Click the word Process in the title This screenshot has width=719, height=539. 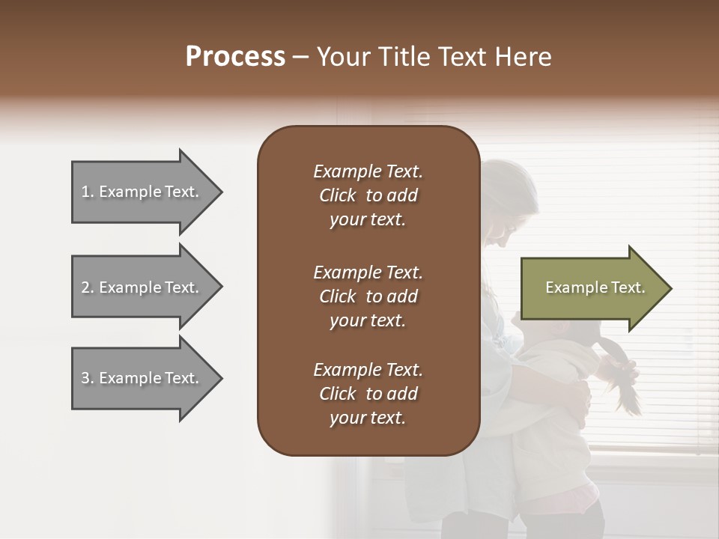coord(235,57)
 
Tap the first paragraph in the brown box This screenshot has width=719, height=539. coord(368,195)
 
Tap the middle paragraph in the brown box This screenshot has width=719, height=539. coord(368,296)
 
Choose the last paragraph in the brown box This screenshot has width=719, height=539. coord(368,394)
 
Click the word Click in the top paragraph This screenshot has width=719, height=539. coord(338,195)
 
